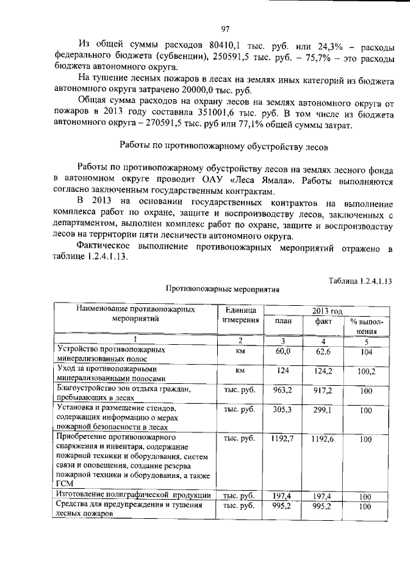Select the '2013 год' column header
[x=327, y=310]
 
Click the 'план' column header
[x=283, y=322]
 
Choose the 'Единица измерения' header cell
[x=241, y=315]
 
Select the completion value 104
[x=366, y=352]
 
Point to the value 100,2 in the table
[x=366, y=370]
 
